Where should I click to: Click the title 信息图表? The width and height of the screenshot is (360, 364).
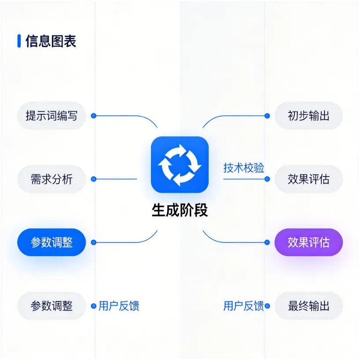click(x=51, y=41)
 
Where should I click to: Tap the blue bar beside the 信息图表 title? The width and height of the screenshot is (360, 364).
click(x=19, y=41)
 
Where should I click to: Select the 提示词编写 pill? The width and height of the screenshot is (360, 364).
click(x=51, y=116)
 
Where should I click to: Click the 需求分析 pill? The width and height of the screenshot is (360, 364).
click(x=51, y=179)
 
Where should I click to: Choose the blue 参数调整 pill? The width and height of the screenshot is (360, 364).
click(x=51, y=242)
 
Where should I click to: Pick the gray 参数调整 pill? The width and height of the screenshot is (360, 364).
click(x=51, y=305)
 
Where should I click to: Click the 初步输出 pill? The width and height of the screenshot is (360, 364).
click(x=309, y=116)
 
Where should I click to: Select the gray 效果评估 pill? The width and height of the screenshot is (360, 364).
click(x=309, y=179)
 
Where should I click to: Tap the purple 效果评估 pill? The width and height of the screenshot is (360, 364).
click(x=309, y=242)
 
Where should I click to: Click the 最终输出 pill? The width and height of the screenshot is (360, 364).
click(x=309, y=305)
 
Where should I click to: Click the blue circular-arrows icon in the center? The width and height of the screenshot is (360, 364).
click(x=180, y=165)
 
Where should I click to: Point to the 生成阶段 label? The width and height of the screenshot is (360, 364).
click(x=180, y=210)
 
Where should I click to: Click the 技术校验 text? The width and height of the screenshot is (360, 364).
click(x=244, y=168)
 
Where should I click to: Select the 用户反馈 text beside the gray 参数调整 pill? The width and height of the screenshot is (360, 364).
click(x=119, y=306)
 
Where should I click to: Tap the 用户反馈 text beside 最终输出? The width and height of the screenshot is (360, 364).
click(x=243, y=306)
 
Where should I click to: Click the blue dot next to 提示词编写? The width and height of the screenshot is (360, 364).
click(x=93, y=116)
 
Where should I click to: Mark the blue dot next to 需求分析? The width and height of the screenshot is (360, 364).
click(x=93, y=179)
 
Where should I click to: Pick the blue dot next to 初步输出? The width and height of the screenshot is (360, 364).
click(x=267, y=116)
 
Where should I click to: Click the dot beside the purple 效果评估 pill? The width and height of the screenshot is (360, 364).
click(x=267, y=242)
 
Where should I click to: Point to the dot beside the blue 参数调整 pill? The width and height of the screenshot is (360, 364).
click(x=93, y=242)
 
